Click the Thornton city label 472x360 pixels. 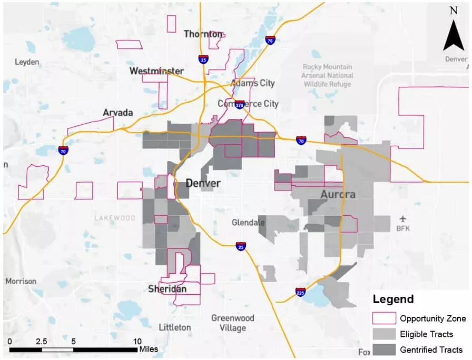(x=203, y=34)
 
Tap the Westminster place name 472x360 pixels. (x=156, y=71)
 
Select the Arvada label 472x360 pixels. (x=118, y=113)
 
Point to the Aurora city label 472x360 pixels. (x=338, y=194)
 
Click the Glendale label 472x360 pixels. (x=248, y=223)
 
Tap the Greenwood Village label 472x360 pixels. (x=232, y=323)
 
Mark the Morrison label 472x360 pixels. (x=21, y=281)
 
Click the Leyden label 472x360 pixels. (x=27, y=62)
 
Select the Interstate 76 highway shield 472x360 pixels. (x=270, y=40)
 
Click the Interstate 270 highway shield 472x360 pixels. (x=240, y=105)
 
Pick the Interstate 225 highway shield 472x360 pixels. (x=300, y=291)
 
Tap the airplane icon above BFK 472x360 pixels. (x=403, y=218)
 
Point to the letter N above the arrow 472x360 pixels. (x=453, y=11)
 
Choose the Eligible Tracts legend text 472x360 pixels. (x=426, y=334)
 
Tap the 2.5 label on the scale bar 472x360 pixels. (x=41, y=341)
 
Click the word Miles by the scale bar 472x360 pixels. (x=148, y=349)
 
